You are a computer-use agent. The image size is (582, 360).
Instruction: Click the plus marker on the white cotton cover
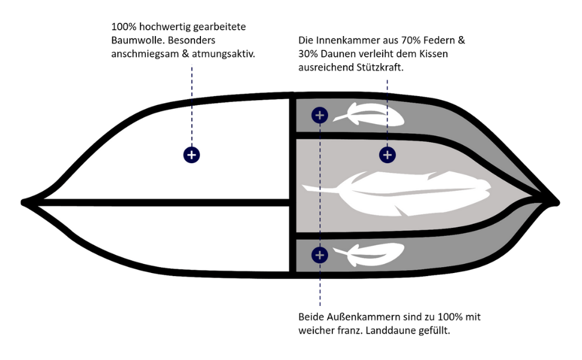pyautogui.click(x=191, y=155)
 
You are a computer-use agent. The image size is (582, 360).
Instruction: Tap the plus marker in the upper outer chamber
pyautogui.click(x=320, y=115)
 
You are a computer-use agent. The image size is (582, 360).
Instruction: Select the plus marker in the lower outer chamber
pyautogui.click(x=320, y=255)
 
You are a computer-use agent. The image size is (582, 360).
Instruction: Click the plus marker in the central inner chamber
pyautogui.click(x=388, y=155)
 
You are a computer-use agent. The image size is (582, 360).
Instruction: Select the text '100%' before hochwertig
pyautogui.click(x=124, y=28)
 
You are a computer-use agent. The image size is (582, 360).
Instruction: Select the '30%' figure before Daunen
pyautogui.click(x=309, y=54)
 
